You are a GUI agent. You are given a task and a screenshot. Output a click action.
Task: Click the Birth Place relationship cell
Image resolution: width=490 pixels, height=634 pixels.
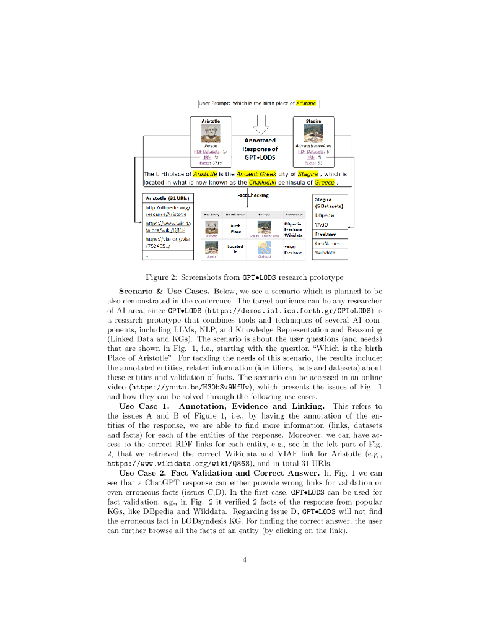click(235, 228)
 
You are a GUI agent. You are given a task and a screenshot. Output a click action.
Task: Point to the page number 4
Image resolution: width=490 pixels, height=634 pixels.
click(245, 560)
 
